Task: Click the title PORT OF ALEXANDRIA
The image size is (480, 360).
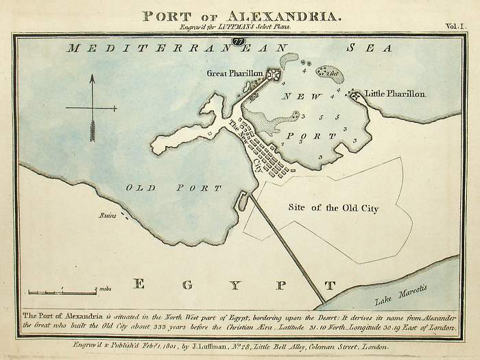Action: (239, 14)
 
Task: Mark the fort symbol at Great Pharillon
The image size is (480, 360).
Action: (274, 74)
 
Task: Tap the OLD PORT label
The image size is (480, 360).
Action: (173, 187)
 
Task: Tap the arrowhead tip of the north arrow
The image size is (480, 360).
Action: (91, 77)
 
